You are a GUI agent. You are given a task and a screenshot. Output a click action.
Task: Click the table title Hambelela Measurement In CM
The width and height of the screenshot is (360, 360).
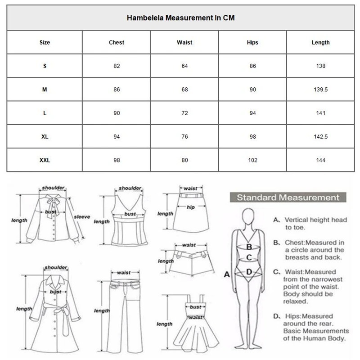[x=180, y=18]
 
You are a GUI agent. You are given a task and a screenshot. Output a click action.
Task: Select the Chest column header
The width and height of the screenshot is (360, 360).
[x=117, y=42]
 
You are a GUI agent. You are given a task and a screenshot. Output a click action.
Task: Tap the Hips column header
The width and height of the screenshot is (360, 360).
[x=252, y=42]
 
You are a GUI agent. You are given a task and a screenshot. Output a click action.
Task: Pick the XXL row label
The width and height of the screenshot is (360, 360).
[x=45, y=160]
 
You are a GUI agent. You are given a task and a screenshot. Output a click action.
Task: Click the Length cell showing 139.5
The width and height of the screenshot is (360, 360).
[x=320, y=90]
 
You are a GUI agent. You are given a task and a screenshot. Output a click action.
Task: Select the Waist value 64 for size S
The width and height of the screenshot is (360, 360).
[x=184, y=66]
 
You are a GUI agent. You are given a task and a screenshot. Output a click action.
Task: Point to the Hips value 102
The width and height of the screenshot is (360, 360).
[x=252, y=160]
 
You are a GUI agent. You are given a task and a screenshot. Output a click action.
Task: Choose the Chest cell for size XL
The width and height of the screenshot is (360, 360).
[x=117, y=137]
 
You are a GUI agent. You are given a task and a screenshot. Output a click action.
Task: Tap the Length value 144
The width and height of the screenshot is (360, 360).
[x=320, y=160]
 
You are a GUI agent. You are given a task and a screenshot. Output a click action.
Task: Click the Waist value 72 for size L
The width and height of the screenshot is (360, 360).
[x=184, y=113]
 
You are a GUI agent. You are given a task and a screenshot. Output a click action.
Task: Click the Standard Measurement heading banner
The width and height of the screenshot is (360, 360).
[x=288, y=198]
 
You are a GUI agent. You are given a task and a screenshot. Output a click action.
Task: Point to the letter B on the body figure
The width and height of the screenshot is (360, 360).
[x=248, y=247]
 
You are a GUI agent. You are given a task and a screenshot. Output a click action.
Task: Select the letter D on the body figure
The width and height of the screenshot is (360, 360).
[x=248, y=272]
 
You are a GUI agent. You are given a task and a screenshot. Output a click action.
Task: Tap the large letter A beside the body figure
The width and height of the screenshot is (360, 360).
[x=227, y=274]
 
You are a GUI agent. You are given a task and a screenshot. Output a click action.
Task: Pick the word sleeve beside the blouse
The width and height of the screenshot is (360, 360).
[x=82, y=216]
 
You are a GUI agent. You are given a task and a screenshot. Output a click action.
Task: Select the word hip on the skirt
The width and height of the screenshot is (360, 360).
[x=190, y=207]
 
